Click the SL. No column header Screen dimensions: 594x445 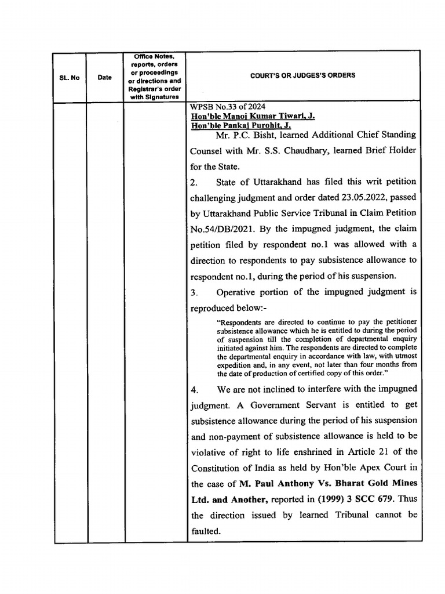(x=70, y=78)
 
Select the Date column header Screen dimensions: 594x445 (x=105, y=77)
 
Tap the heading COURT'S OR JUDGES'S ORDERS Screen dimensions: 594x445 (x=302, y=75)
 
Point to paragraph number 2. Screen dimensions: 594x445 (x=194, y=182)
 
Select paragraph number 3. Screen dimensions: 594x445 (x=194, y=292)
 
